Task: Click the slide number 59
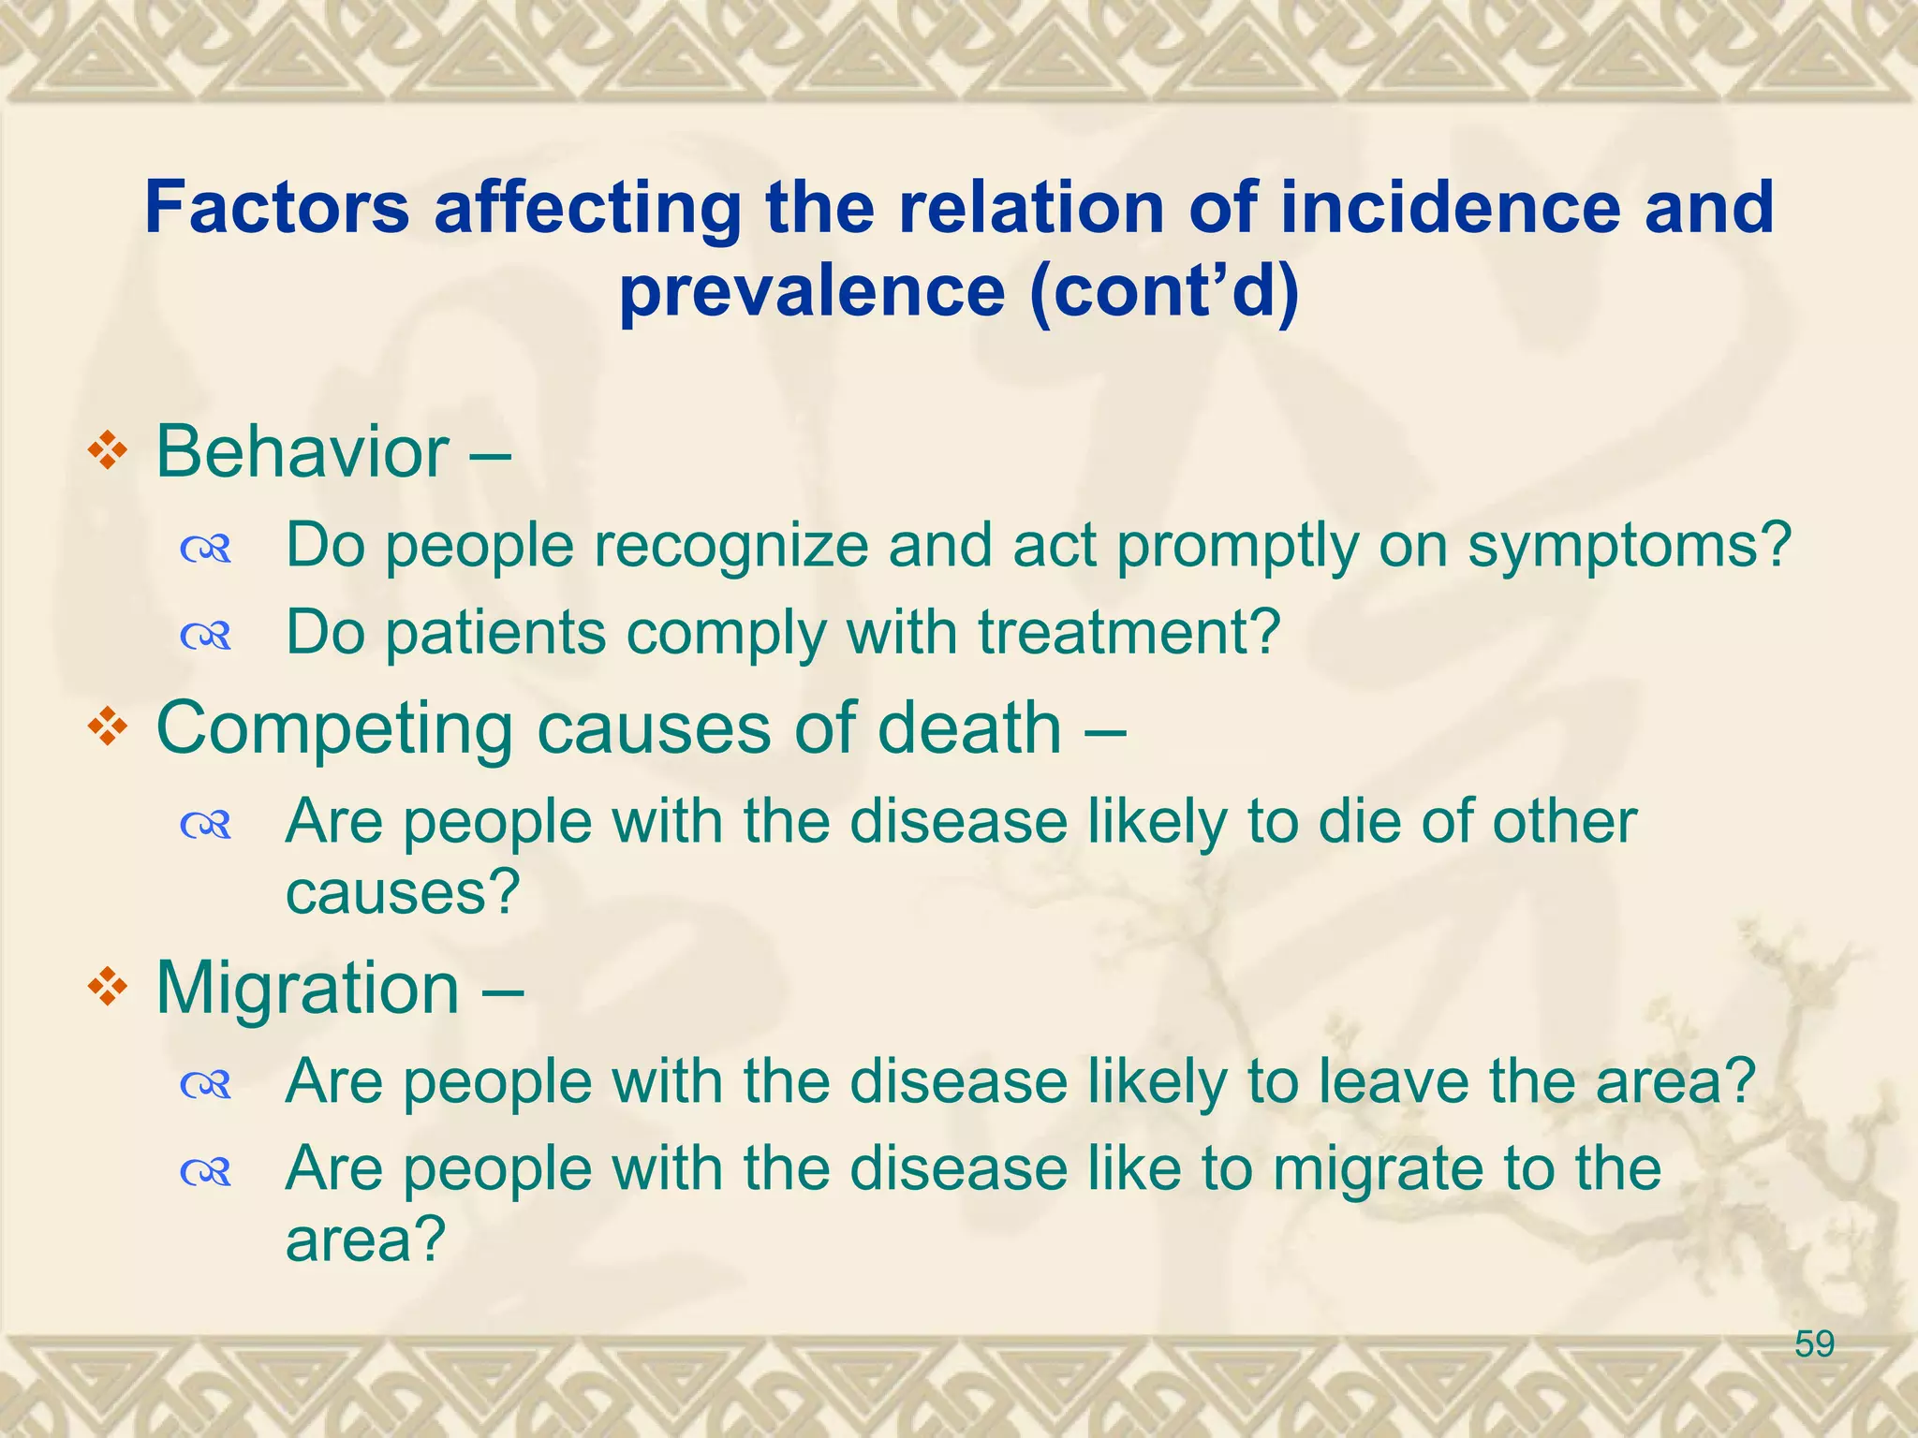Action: click(1814, 1344)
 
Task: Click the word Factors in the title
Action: click(277, 207)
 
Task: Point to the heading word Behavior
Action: click(302, 453)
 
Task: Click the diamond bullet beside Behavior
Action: click(108, 451)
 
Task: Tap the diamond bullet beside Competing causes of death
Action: click(108, 727)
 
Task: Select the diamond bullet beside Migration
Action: click(108, 988)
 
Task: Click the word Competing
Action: click(334, 729)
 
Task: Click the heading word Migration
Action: click(307, 989)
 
